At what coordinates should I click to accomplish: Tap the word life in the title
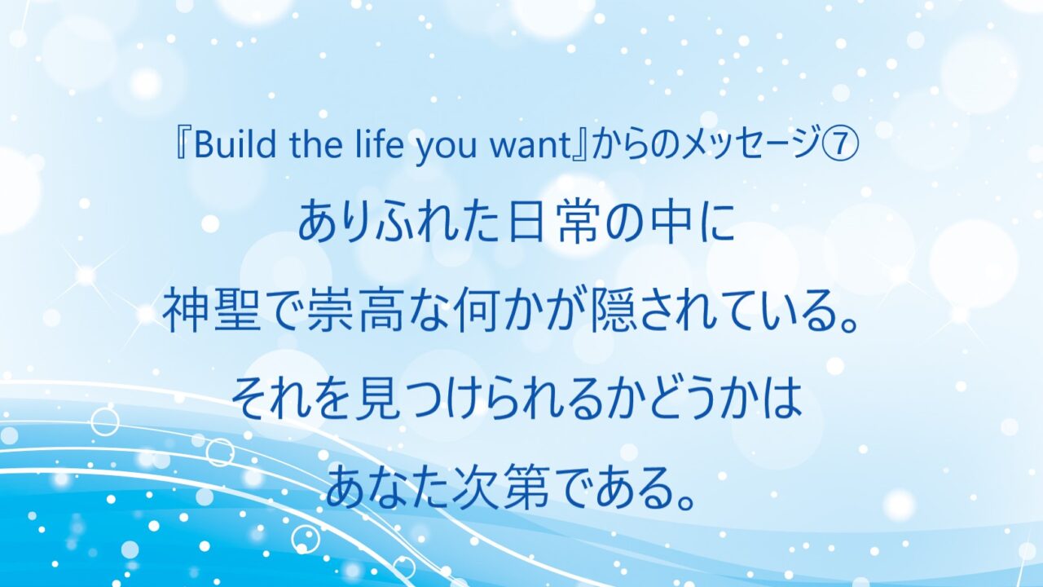(x=381, y=145)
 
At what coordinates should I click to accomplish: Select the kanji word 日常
(x=555, y=224)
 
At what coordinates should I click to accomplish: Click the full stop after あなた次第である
(x=689, y=500)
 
